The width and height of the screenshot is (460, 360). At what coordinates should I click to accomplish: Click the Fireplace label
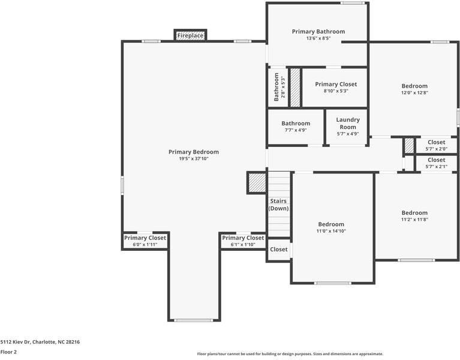190,36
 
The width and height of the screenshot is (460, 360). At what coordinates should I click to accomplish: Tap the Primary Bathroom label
318,31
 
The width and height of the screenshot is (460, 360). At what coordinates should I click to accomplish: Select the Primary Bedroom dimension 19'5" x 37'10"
193,158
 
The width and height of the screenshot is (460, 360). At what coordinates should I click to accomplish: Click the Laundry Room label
347,123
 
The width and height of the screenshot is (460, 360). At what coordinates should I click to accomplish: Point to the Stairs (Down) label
278,205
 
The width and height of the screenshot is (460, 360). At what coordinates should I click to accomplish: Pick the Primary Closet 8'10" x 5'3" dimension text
336,91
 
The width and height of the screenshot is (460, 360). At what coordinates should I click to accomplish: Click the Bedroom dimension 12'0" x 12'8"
414,92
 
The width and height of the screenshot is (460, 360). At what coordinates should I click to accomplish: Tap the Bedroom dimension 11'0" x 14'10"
331,231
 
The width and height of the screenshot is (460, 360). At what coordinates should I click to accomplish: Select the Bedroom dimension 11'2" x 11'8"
414,219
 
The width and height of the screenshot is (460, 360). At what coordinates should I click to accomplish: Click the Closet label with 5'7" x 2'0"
436,142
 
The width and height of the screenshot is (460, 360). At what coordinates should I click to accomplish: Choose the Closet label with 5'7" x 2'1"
436,160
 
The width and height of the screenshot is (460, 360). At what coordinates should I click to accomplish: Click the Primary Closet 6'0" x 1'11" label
145,238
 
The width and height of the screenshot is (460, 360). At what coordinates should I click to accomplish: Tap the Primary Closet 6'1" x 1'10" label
243,238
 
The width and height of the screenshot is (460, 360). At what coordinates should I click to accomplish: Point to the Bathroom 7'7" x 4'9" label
296,124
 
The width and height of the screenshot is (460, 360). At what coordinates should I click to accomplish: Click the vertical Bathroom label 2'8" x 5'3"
277,87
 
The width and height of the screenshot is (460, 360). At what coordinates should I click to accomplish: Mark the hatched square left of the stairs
257,182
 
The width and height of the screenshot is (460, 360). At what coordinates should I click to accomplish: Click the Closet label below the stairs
278,249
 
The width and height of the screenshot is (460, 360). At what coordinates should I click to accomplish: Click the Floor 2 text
8,352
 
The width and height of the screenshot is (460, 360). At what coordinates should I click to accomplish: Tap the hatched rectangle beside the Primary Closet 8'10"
295,87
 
